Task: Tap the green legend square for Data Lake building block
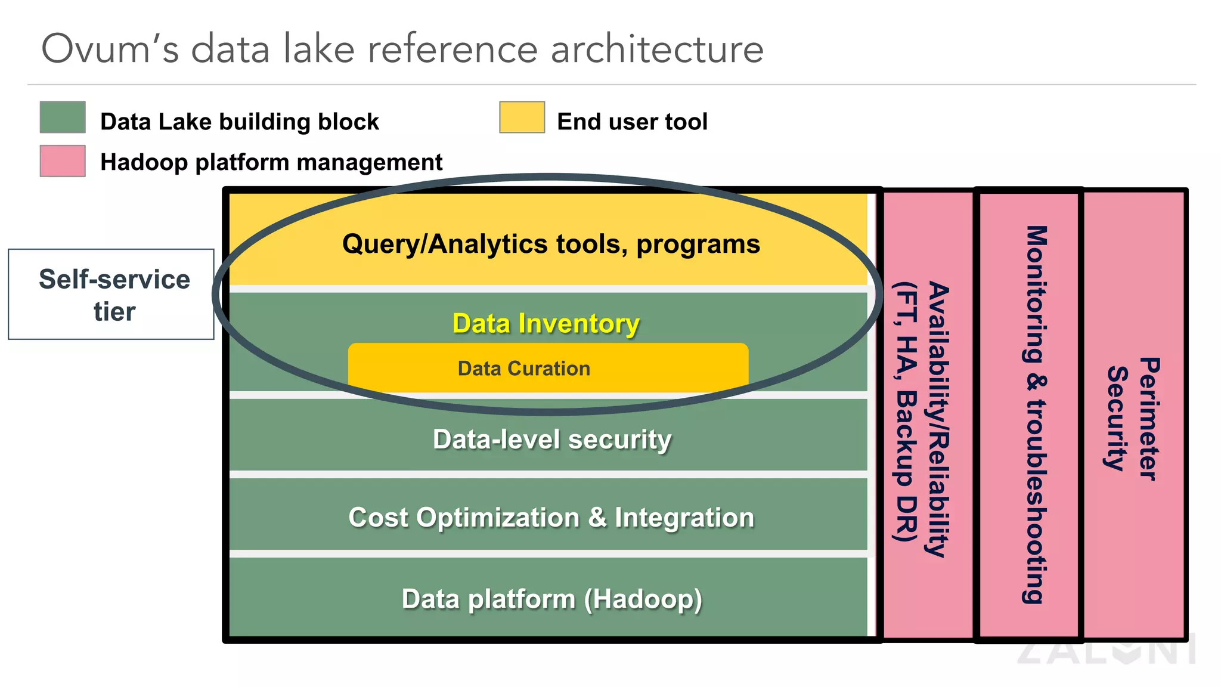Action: [x=63, y=117]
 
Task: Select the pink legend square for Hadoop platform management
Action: [x=63, y=161]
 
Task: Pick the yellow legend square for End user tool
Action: [x=522, y=117]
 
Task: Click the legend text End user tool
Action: [x=632, y=122]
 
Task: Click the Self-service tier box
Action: [x=111, y=295]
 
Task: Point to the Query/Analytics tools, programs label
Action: [x=551, y=244]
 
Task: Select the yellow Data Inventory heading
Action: [x=546, y=323]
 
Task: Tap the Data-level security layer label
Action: [x=551, y=440]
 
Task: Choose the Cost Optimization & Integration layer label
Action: [x=551, y=517]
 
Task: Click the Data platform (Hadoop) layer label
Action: [x=551, y=599]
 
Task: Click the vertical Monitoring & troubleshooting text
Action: [x=1036, y=414]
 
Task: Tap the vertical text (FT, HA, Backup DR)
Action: [x=906, y=411]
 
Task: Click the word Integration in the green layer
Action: [x=684, y=517]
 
